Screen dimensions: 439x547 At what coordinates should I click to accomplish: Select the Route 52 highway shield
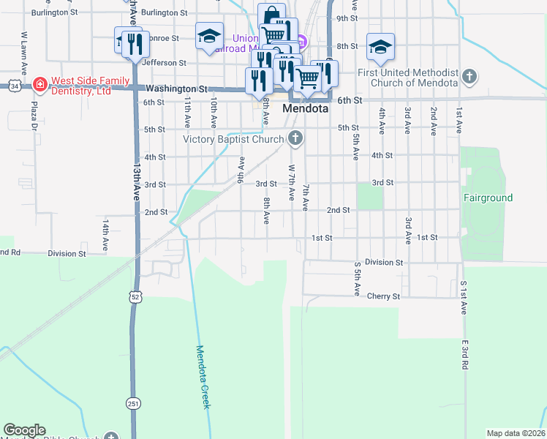[x=134, y=296]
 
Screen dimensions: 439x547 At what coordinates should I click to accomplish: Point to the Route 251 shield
[x=134, y=403]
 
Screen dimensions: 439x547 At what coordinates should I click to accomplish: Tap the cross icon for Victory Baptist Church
[x=295, y=138]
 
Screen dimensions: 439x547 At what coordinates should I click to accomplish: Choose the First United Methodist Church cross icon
[x=469, y=76]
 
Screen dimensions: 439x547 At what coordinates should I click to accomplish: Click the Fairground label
[x=488, y=198]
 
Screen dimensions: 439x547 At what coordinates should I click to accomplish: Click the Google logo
[x=24, y=430]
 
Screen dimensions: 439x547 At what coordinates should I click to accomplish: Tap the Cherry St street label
[x=384, y=296]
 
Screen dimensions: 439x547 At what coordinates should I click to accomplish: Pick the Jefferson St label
[x=159, y=63]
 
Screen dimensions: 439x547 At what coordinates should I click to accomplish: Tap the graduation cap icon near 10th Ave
[x=209, y=36]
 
